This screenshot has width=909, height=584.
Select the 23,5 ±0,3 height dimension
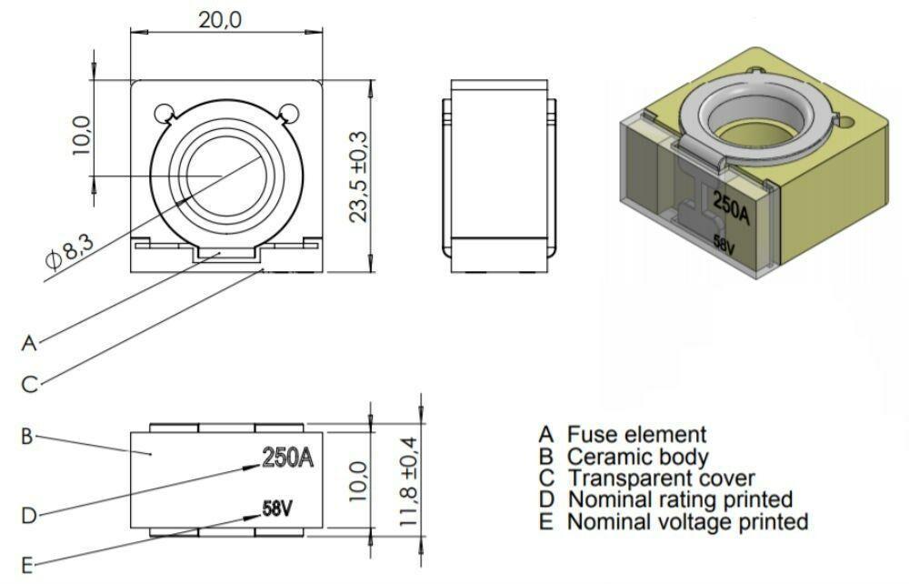pos(358,175)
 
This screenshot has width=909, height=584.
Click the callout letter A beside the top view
pos(29,343)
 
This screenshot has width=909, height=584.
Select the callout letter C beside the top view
pos(29,384)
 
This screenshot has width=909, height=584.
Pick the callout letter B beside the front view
pos(27,436)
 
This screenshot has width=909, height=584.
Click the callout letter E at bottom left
pos(27,564)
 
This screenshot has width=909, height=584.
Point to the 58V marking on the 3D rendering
pos(724,245)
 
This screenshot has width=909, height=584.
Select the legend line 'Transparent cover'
pos(646,478)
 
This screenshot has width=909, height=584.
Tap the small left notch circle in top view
pos(164,113)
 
